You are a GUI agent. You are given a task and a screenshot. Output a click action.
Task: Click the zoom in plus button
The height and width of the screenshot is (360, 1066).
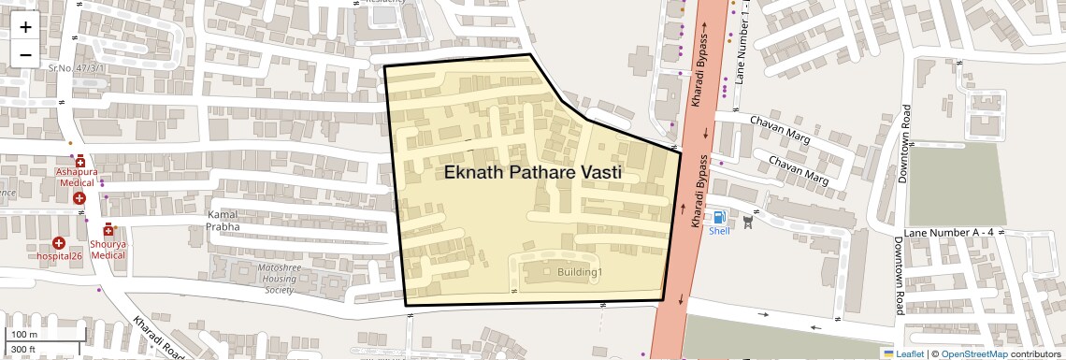[x=25, y=26]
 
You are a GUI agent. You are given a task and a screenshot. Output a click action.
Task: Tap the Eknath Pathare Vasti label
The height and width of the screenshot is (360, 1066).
[x=532, y=173]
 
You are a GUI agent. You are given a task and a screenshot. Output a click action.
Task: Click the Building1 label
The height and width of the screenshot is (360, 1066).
[x=580, y=272]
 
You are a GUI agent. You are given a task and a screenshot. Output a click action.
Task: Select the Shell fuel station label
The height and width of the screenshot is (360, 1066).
[x=720, y=230]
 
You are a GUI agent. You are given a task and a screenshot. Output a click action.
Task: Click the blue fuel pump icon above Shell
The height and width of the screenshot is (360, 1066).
[x=719, y=217]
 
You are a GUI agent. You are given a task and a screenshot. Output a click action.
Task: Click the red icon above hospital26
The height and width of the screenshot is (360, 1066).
[x=59, y=242]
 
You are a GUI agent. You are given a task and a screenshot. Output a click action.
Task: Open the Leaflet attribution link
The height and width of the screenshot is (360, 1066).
[x=903, y=353]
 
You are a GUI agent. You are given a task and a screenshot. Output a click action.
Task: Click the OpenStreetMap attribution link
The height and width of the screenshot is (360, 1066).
[x=973, y=353]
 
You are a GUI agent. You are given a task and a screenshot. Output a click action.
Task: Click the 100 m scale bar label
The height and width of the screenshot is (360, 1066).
[x=24, y=335]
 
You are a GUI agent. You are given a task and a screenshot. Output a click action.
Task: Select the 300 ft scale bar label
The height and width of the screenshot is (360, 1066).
[x=23, y=350]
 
